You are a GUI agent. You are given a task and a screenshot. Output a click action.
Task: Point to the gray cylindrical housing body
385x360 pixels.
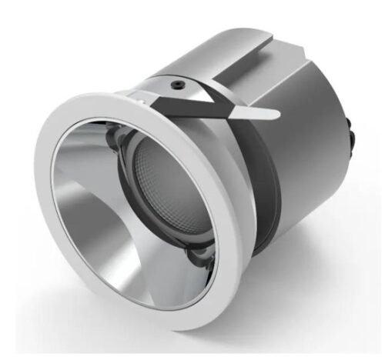pos(308,154)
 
